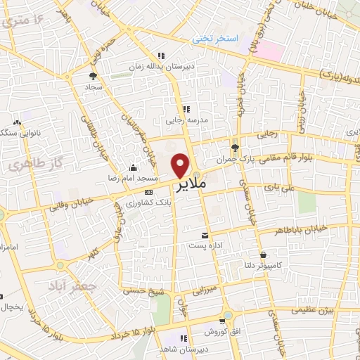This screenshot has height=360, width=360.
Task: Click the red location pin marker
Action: (x=181, y=165)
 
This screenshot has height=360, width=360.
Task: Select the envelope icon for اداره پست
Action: (x=205, y=235)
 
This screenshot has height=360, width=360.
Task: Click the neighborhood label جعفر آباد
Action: (x=66, y=285)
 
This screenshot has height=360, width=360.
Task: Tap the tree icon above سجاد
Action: (x=94, y=76)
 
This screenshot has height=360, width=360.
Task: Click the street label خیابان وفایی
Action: (x=67, y=207)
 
